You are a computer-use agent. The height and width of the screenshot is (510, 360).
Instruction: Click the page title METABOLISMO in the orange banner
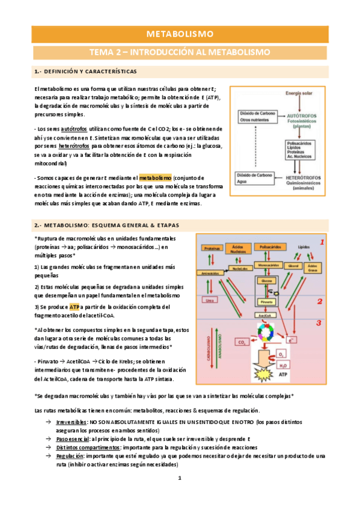[180, 34]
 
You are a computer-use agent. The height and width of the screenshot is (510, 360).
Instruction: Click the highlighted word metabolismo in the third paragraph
[156, 177]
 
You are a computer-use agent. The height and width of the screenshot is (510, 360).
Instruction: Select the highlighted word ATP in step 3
[74, 307]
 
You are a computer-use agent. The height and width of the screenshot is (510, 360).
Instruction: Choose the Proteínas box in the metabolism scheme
[211, 248]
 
